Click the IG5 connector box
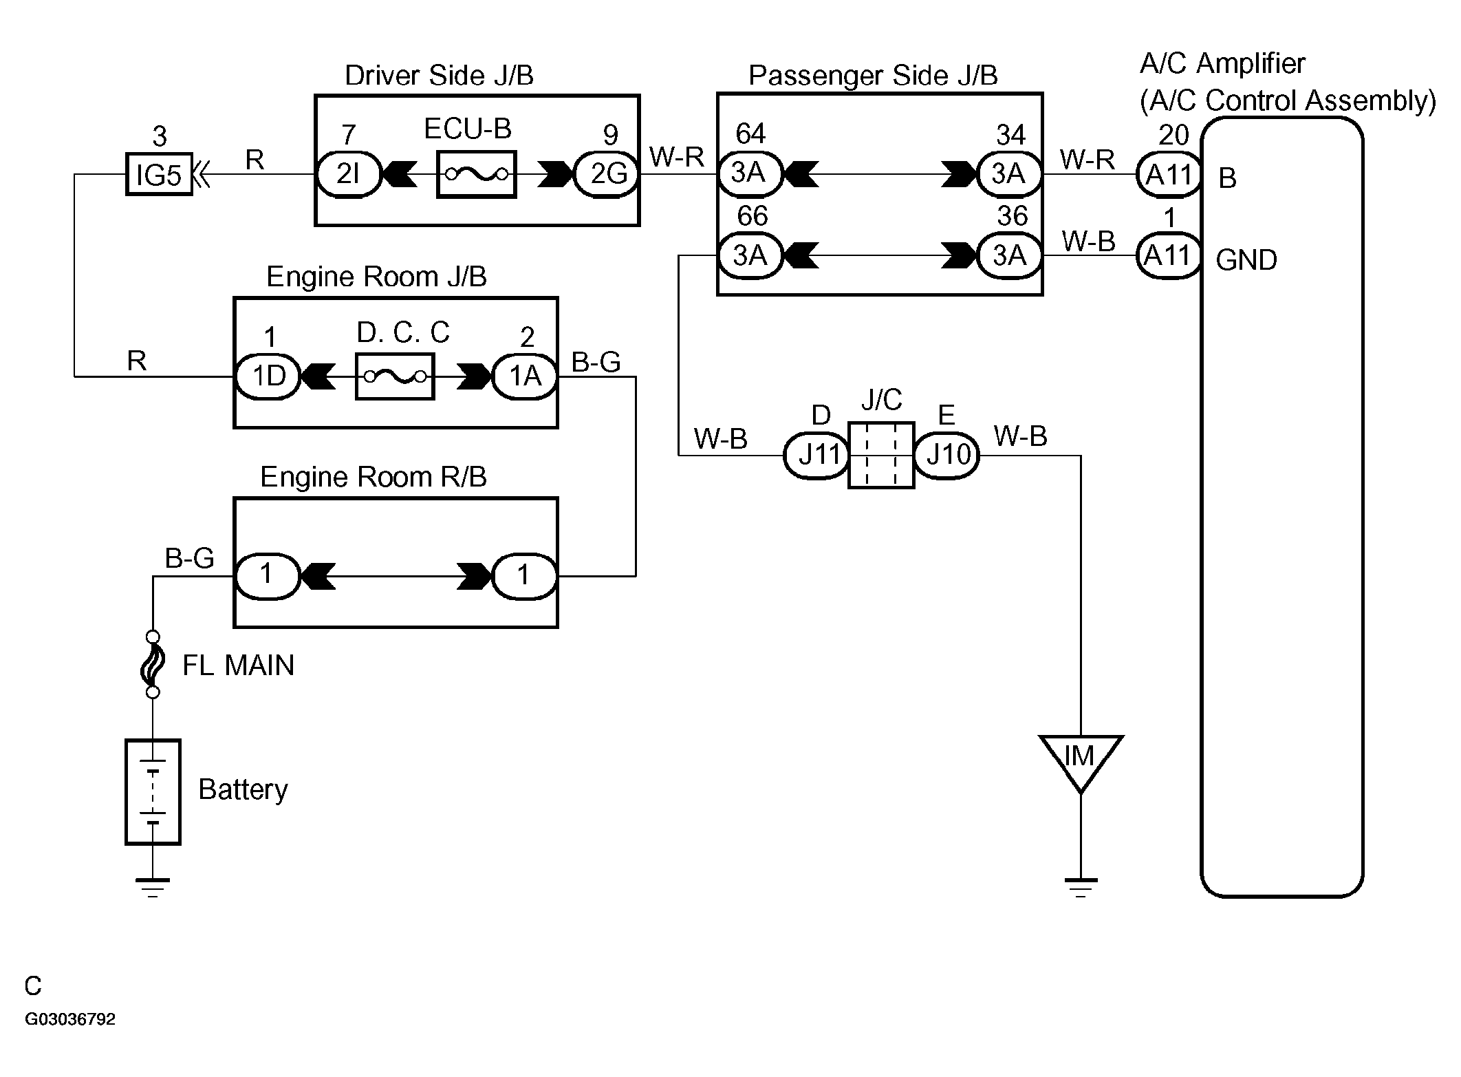159,175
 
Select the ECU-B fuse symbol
476,175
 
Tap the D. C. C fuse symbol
395,376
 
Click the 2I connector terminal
349,175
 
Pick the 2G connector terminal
607,175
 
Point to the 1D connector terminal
268,376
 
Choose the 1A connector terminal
525,376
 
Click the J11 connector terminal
817,455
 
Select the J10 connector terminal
947,455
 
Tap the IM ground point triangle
1080,760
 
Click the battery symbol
153,791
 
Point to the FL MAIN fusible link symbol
153,664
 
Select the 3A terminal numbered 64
750,174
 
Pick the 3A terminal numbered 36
1009,255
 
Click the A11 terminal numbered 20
1169,175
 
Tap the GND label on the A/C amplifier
1246,260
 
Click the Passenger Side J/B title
872,76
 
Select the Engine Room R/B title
373,477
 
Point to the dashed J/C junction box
881,455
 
